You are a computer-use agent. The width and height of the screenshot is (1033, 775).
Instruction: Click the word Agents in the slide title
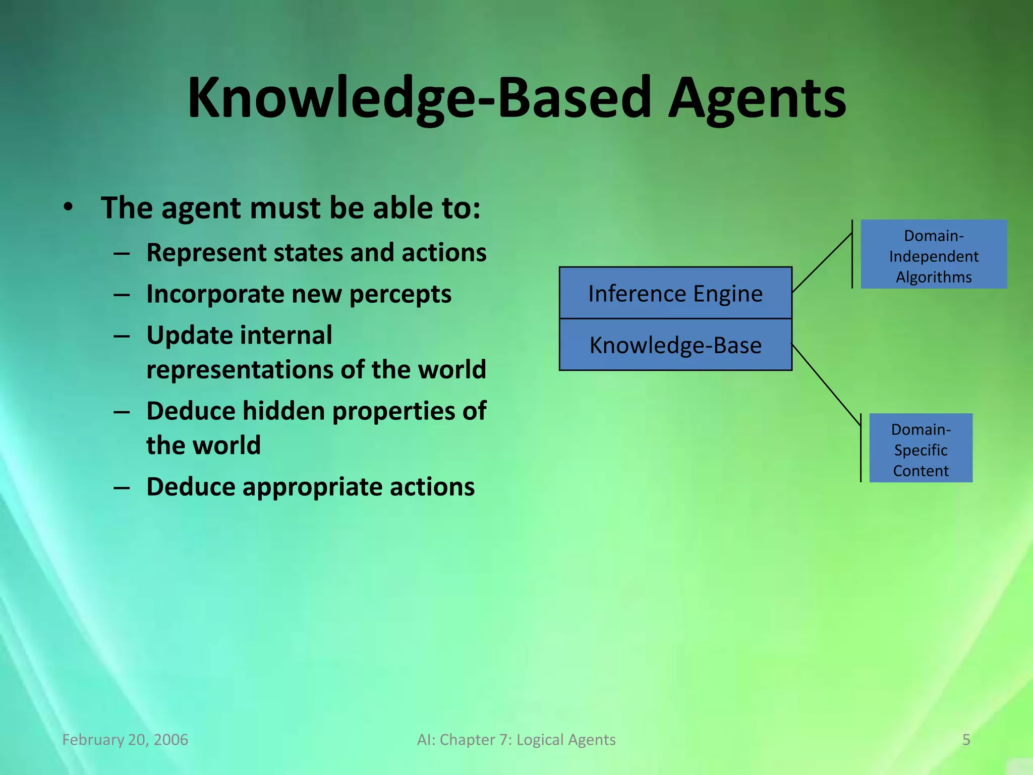click(x=757, y=98)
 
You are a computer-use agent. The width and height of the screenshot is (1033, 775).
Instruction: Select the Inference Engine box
click(x=675, y=293)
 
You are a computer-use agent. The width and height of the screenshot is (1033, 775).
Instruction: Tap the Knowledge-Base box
click(x=675, y=345)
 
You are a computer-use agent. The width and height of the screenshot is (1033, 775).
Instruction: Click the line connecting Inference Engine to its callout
click(x=822, y=262)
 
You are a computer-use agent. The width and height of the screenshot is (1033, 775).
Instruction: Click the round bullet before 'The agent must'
click(x=69, y=207)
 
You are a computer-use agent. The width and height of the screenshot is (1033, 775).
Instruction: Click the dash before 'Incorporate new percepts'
click(x=122, y=294)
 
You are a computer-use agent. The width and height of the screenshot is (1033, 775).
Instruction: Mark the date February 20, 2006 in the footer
click(x=125, y=740)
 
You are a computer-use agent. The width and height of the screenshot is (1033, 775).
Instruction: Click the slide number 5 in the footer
click(x=966, y=740)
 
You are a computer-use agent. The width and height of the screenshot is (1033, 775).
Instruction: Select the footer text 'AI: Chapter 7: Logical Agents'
click(x=516, y=740)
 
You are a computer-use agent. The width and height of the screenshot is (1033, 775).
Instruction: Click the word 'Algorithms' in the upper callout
click(x=934, y=277)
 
